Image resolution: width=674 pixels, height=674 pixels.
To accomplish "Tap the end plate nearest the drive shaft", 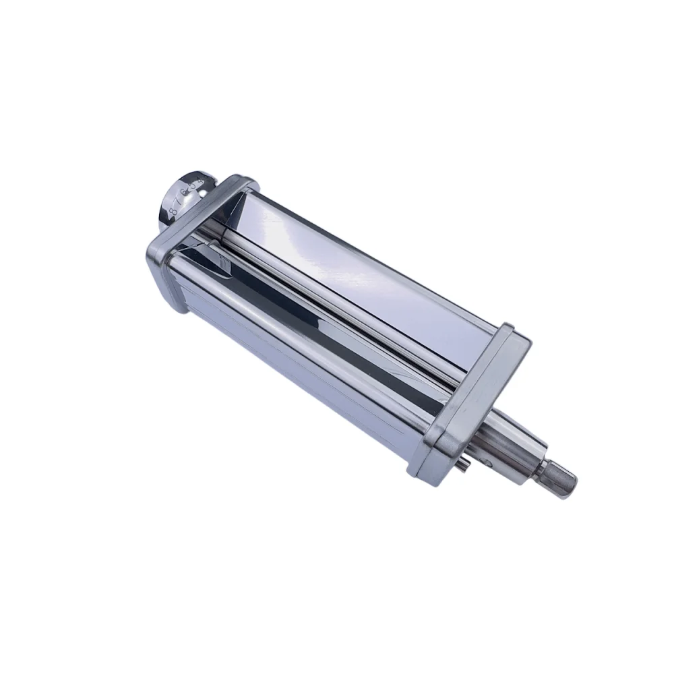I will pos(472,404).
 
